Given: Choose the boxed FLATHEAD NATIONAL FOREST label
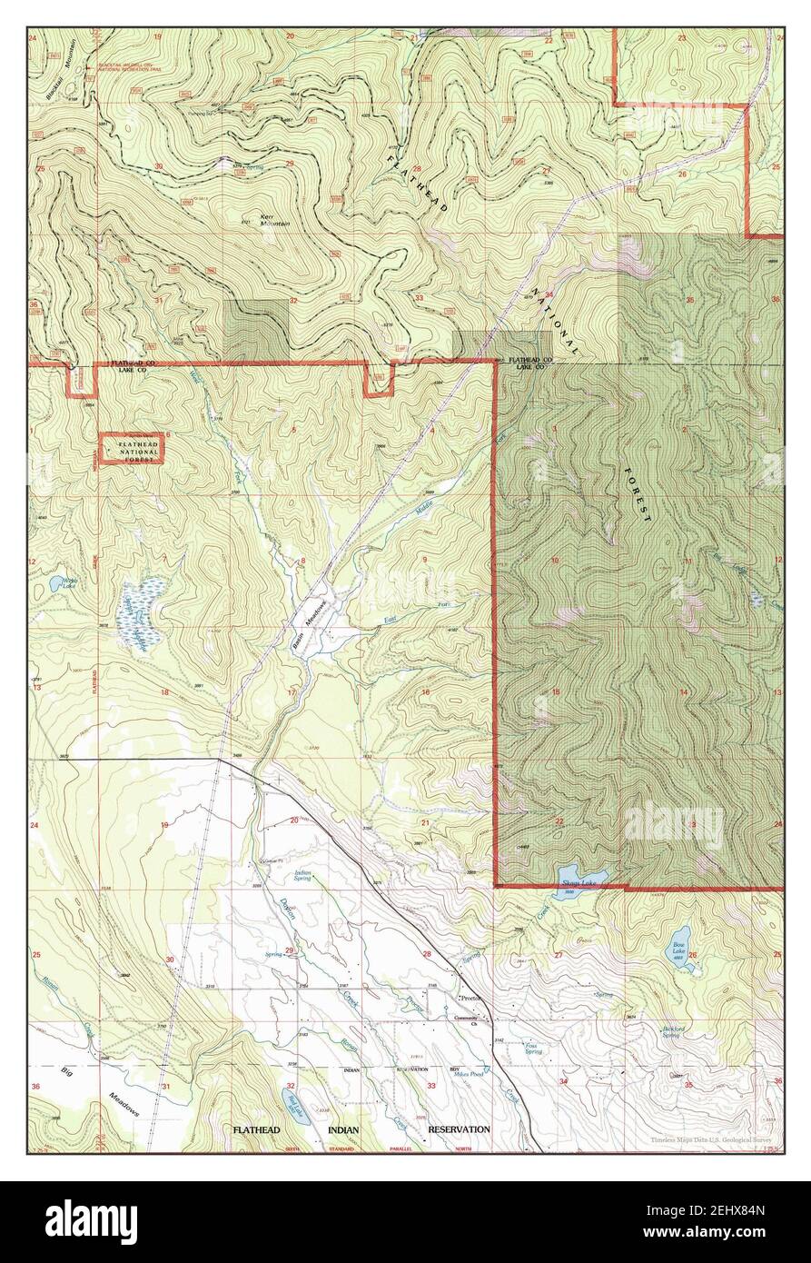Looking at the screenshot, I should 132,449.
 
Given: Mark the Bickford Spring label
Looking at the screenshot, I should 671,1032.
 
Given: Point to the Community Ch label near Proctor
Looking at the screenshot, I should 470,1019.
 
